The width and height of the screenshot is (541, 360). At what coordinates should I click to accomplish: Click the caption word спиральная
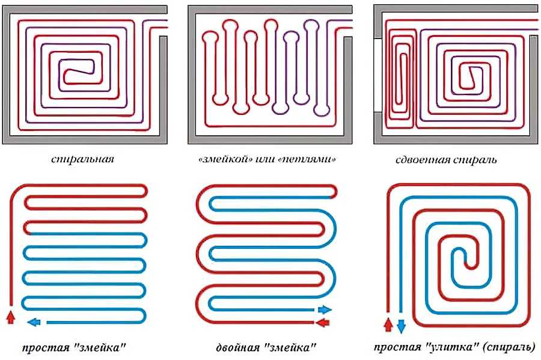pyautogui.click(x=82, y=159)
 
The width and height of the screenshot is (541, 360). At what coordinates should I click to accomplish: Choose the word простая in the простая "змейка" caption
pyautogui.click(x=46, y=347)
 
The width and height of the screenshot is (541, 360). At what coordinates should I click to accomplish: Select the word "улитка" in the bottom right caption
pyautogui.click(x=451, y=346)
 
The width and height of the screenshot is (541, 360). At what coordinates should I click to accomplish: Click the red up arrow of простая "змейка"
pyautogui.click(x=11, y=317)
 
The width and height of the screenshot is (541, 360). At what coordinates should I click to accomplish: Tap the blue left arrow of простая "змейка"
pyautogui.click(x=34, y=322)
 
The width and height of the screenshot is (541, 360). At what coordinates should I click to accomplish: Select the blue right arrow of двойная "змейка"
pyautogui.click(x=325, y=310)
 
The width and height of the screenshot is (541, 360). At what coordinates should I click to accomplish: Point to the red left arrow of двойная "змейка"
pyautogui.click(x=323, y=323)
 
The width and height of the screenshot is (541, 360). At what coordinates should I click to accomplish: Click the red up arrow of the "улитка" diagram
pyautogui.click(x=388, y=325)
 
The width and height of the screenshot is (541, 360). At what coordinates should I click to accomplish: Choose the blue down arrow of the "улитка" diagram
pyautogui.click(x=401, y=326)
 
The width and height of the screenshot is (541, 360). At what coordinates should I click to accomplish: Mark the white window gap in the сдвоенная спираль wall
pyautogui.click(x=378, y=75)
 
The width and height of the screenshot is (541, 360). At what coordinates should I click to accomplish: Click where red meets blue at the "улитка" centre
pyautogui.click(x=465, y=263)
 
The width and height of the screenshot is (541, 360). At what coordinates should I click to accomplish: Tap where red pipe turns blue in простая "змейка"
pyautogui.click(x=31, y=234)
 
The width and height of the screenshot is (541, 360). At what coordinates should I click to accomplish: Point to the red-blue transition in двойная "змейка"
pyautogui.click(x=332, y=197)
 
